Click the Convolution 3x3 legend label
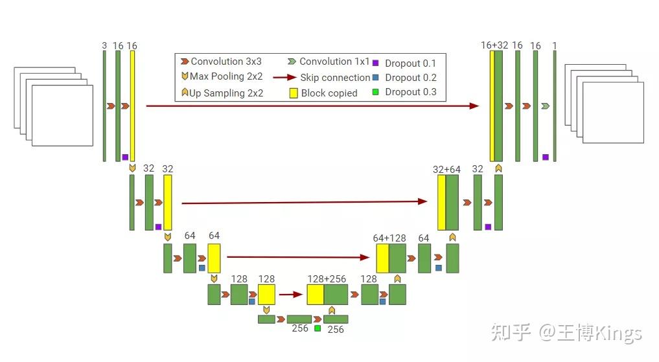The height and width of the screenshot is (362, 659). coord(226,62)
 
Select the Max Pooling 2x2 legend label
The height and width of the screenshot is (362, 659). coord(226,76)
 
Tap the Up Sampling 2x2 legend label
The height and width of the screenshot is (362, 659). coord(226,93)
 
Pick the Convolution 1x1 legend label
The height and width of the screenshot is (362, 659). coord(334,62)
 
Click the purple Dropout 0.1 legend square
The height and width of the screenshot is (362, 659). coord(375,63)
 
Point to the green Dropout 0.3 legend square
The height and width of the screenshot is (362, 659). coord(375,92)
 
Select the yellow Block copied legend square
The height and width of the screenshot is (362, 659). coord(293,93)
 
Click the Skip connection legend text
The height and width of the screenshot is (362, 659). coord(335,78)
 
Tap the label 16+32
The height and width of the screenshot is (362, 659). coord(494,45)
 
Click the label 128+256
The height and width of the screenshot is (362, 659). coord(327,279)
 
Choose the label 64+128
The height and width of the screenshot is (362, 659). coord(390,238)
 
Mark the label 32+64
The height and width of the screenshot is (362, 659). coord(446,170)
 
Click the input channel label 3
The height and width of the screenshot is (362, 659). coord(104,45)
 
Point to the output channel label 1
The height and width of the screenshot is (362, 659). coord(555,45)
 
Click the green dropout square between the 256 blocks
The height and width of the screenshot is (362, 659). coord(318,328)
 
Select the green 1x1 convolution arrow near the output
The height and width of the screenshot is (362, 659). coord(546,106)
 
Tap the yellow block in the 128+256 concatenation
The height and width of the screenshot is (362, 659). coord(315,295)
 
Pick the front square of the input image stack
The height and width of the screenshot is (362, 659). coord(62,115)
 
